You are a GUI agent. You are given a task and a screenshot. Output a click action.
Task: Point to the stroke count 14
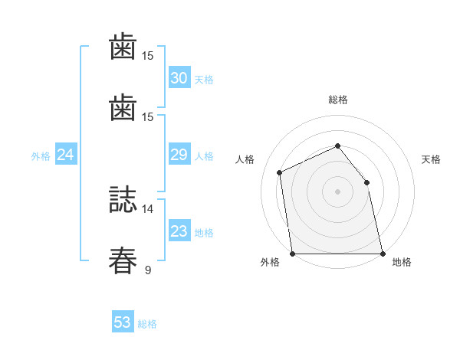point(147,208)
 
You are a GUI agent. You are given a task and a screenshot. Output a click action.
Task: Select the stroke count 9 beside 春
point(147,270)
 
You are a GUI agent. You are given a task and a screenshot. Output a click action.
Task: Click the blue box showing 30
point(179,78)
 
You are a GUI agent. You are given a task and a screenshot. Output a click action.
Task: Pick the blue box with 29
point(179,155)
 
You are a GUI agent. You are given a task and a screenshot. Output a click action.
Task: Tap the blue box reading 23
point(179,231)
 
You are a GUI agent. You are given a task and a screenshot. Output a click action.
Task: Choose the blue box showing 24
point(66,155)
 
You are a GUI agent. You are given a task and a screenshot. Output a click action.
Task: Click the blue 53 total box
point(123,322)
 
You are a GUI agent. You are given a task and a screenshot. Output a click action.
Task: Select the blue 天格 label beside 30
point(204,80)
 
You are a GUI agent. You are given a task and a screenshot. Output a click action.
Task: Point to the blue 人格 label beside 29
point(204,156)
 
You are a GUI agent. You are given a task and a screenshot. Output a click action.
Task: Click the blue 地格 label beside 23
point(204,233)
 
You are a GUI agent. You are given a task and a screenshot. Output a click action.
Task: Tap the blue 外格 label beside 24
point(41,156)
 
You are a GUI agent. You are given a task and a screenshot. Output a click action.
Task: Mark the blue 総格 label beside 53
point(147,324)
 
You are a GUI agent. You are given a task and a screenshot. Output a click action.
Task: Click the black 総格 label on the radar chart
point(337,100)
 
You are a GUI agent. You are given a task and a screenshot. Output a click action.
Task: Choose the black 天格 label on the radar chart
point(431,159)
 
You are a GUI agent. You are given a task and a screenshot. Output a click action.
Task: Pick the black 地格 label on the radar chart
point(402,263)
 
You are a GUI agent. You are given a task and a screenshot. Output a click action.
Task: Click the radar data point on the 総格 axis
point(337,146)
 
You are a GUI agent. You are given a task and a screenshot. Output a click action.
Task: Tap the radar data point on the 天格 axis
point(366,182)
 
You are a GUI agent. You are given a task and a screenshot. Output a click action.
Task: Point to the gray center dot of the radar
point(337,191)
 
